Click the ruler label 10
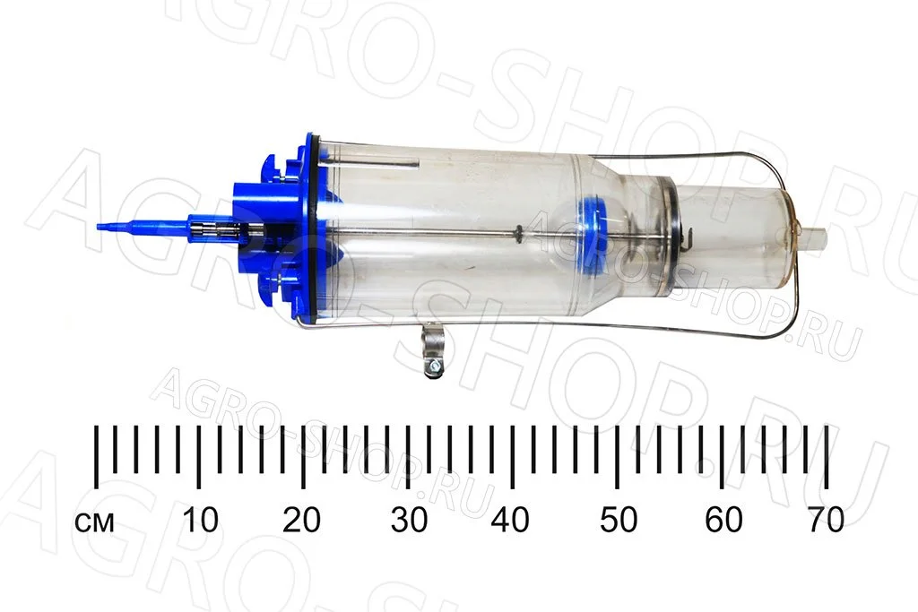pyautogui.click(x=200, y=519)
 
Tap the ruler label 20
pyautogui.click(x=302, y=519)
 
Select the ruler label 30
pyautogui.click(x=409, y=519)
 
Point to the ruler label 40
pyautogui.click(x=511, y=519)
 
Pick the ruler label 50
pyautogui.click(x=619, y=519)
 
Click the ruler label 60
pyautogui.click(x=723, y=519)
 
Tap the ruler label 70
pyautogui.click(x=826, y=519)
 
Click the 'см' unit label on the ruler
pyautogui.click(x=95, y=521)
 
